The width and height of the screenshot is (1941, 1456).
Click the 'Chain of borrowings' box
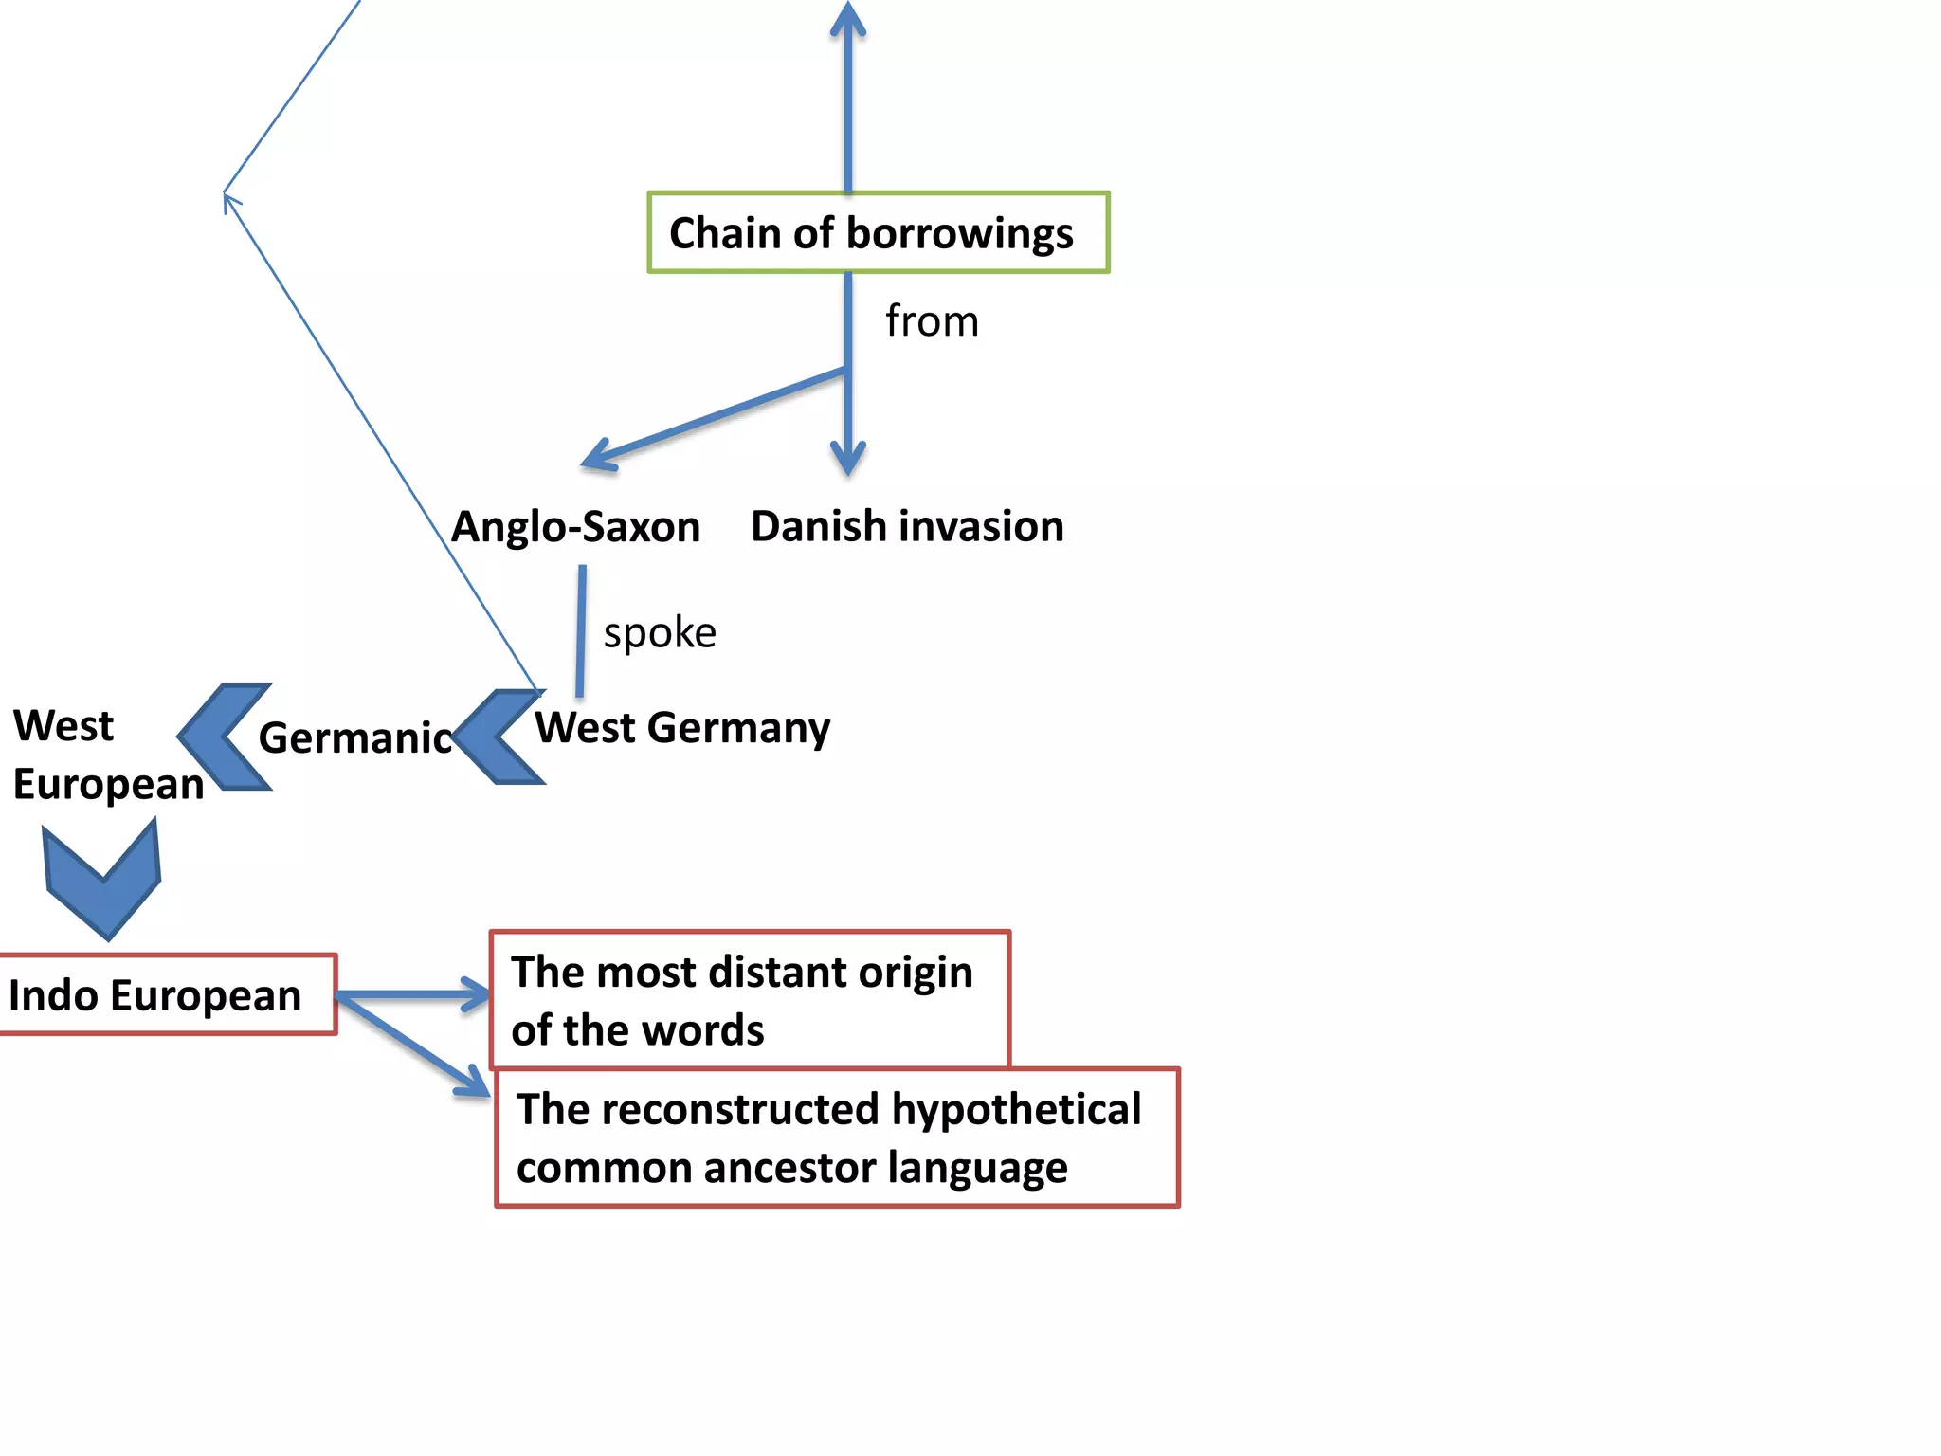[878, 233]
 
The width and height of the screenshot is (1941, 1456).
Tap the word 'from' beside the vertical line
[932, 321]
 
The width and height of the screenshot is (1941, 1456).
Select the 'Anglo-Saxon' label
[575, 527]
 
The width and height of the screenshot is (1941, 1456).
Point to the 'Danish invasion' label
[907, 526]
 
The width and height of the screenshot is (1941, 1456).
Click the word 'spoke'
[660, 632]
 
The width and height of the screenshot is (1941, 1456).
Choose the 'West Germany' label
[682, 728]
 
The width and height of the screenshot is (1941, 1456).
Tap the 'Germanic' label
[355, 737]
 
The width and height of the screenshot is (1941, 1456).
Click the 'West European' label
[107, 755]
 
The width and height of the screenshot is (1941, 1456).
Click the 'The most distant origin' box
[749, 1000]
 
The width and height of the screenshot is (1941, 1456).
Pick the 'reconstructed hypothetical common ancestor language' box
[837, 1137]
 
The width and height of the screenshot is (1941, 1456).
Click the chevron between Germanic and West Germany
[498, 737]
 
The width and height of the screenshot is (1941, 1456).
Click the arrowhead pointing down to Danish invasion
[848, 459]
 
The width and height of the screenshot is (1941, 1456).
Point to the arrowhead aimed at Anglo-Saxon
[600, 454]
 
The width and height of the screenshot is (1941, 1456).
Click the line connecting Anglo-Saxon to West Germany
[581, 631]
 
